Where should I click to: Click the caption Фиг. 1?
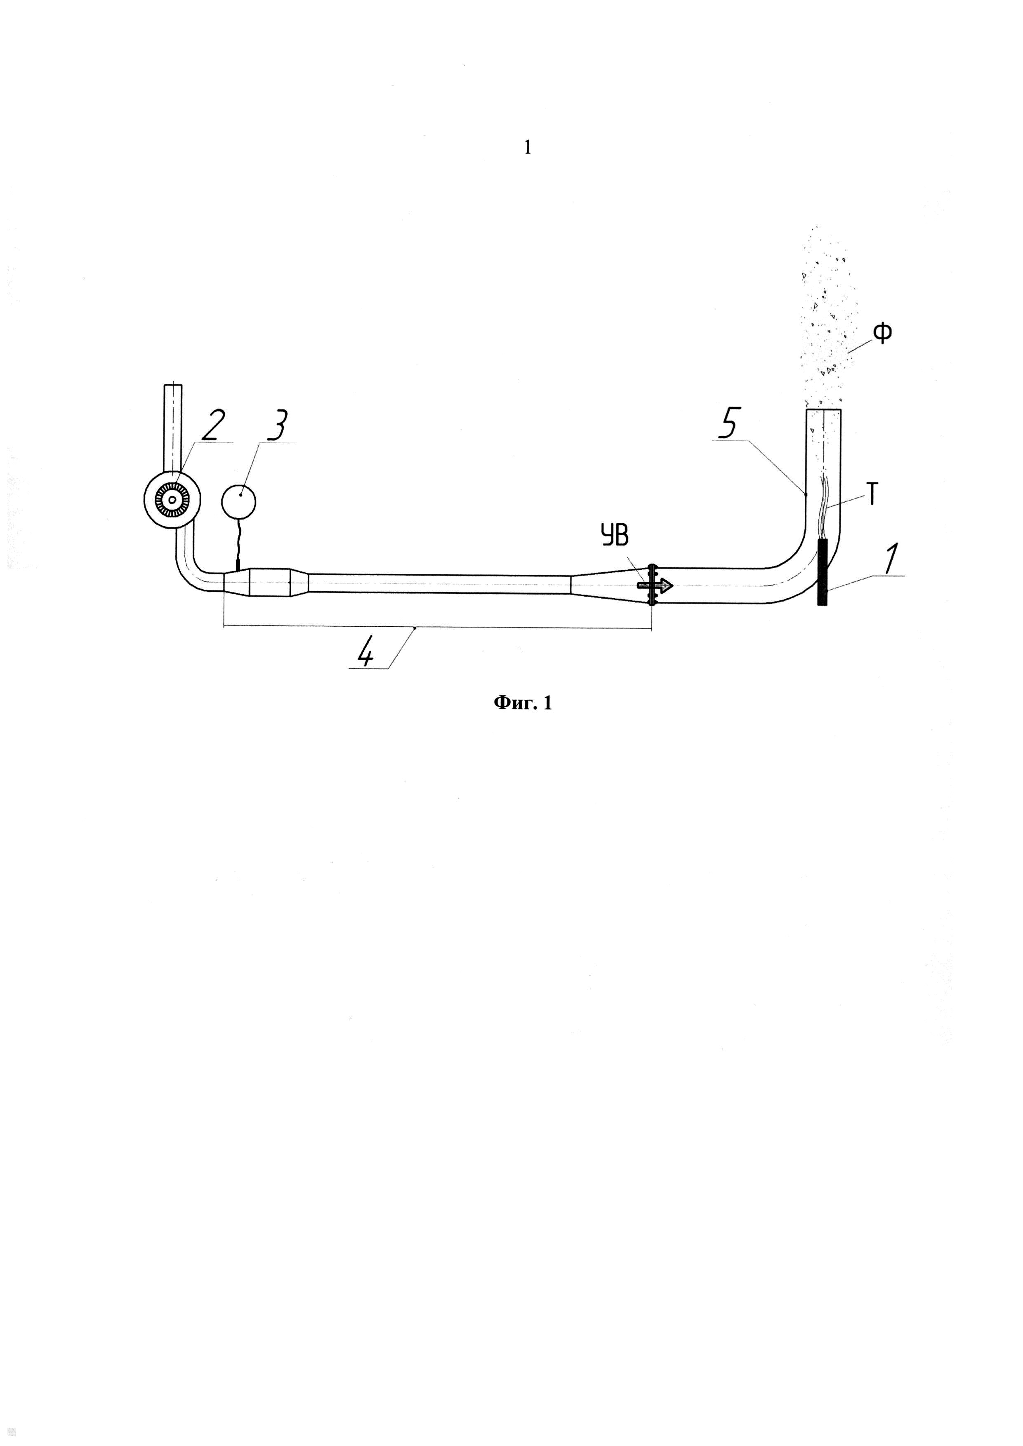click(x=522, y=703)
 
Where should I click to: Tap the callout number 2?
click(x=211, y=426)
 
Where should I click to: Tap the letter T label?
click(x=872, y=495)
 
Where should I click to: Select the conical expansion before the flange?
click(x=608, y=585)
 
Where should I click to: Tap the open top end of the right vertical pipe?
click(x=824, y=411)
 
